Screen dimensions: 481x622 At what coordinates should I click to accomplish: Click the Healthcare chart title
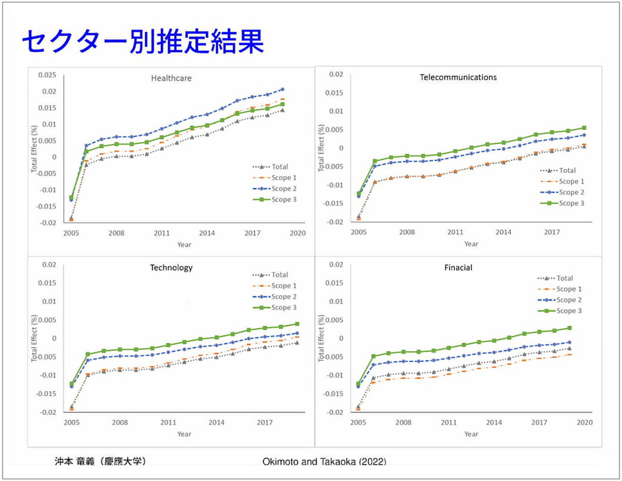click(x=171, y=78)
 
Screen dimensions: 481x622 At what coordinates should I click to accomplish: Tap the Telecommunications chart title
click(x=458, y=77)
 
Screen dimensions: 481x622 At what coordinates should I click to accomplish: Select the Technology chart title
click(x=171, y=267)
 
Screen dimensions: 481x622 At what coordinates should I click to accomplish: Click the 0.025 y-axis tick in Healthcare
click(x=47, y=75)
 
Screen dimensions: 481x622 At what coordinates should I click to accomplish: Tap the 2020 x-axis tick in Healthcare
click(x=297, y=233)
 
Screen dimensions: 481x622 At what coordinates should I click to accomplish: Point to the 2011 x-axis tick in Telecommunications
click(x=455, y=232)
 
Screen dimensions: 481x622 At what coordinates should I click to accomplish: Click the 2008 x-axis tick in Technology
click(x=120, y=423)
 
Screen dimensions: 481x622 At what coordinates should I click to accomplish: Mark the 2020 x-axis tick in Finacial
click(x=584, y=423)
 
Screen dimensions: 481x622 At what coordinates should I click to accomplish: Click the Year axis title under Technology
click(x=184, y=434)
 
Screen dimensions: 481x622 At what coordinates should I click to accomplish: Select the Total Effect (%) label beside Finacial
click(x=322, y=338)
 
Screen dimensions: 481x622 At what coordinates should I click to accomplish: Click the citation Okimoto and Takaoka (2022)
click(x=324, y=461)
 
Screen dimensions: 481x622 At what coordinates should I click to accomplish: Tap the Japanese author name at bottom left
click(x=100, y=461)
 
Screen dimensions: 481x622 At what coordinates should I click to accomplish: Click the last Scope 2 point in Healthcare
click(x=282, y=90)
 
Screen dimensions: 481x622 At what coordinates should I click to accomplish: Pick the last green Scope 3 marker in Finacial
click(x=570, y=328)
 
